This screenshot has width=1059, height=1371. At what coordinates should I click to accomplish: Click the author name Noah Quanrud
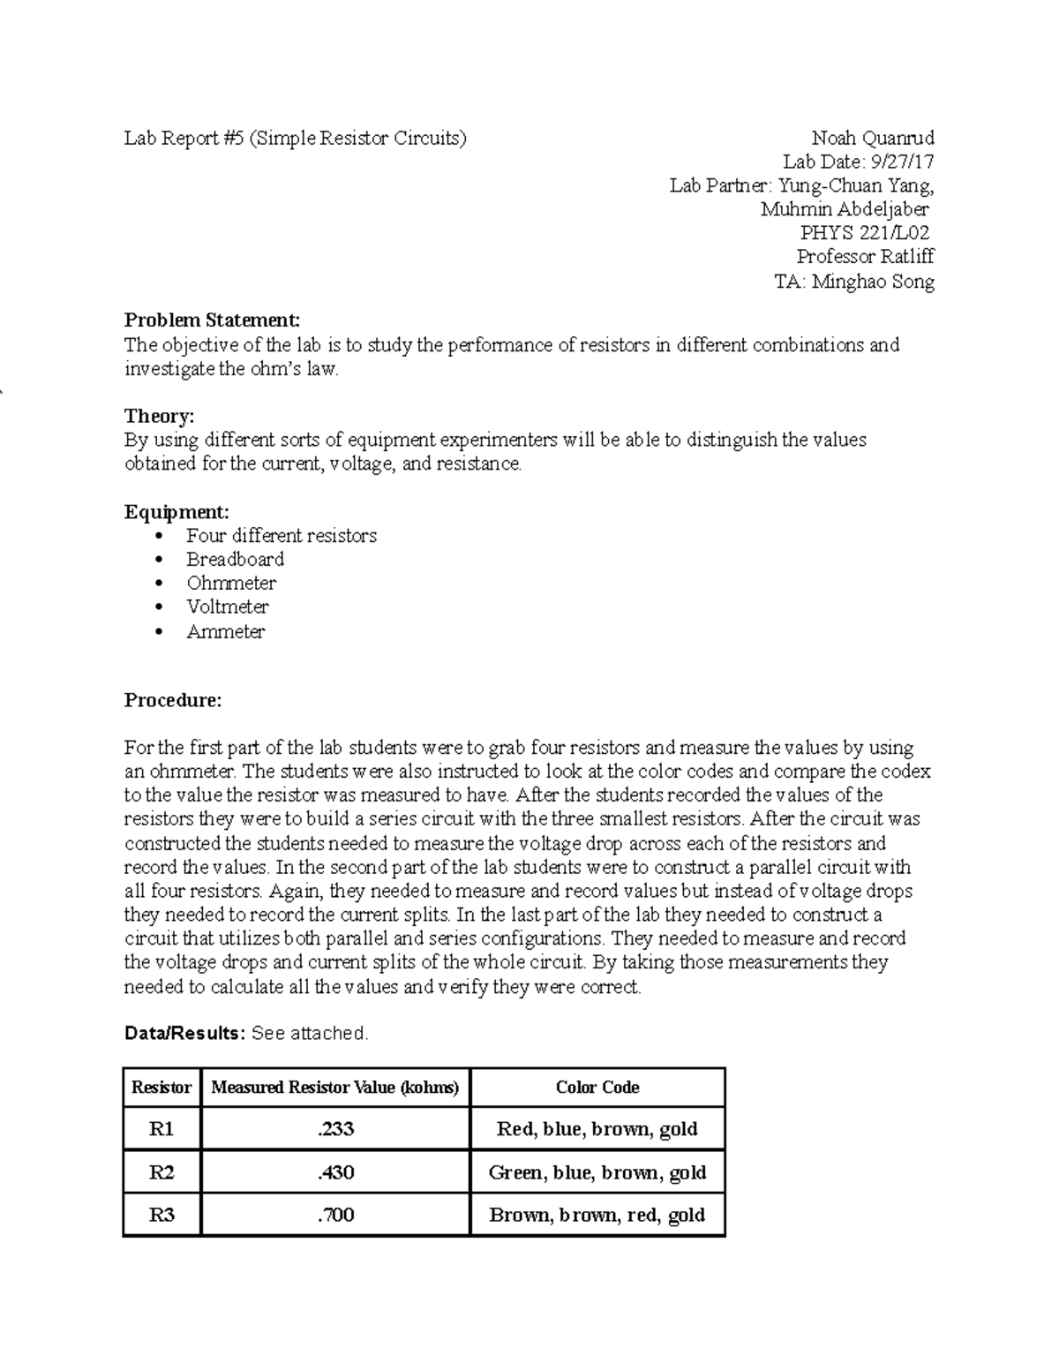click(872, 138)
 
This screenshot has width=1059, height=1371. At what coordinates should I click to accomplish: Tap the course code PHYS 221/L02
click(864, 233)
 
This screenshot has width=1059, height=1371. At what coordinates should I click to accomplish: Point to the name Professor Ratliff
click(865, 257)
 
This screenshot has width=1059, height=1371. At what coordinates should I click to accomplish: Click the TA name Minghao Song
click(872, 282)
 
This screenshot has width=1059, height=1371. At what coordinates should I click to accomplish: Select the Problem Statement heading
click(212, 320)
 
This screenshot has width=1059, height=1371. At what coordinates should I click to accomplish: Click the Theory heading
click(159, 416)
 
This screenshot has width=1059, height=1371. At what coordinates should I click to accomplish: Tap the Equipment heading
click(176, 512)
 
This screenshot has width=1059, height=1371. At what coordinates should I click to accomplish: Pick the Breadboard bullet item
click(235, 560)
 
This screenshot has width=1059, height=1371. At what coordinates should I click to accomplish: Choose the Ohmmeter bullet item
click(231, 584)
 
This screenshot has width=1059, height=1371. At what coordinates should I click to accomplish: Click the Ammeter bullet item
click(225, 632)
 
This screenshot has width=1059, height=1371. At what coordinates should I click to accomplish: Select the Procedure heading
click(173, 701)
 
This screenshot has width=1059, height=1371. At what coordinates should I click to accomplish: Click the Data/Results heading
click(184, 1033)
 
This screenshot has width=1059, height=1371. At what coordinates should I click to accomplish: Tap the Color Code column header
click(597, 1088)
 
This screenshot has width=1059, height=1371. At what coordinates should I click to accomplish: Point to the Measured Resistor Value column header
click(335, 1088)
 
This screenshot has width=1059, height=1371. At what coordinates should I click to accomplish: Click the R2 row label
click(161, 1172)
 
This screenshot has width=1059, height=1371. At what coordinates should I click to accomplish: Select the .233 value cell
click(335, 1129)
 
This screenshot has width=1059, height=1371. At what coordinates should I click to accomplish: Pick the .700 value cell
click(335, 1216)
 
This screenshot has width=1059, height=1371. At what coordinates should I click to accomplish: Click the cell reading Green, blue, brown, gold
click(597, 1172)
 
